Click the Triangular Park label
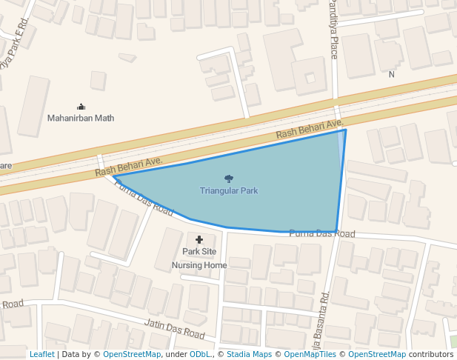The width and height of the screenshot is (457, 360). (x=228, y=191)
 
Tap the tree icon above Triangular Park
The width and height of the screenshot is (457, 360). (x=228, y=178)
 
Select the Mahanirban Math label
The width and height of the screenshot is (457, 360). (x=81, y=118)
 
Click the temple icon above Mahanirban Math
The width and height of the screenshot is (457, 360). (x=81, y=107)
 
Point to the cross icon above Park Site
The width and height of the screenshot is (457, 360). (x=199, y=239)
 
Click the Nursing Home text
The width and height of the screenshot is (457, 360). (x=199, y=265)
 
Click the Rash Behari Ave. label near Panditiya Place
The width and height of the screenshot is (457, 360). (x=310, y=130)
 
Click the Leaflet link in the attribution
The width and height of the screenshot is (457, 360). (x=42, y=355)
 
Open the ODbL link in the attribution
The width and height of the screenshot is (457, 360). (x=200, y=355)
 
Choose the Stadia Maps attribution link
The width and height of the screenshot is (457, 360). (x=249, y=355)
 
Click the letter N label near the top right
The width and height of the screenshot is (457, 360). (x=392, y=74)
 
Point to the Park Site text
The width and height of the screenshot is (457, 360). (x=199, y=252)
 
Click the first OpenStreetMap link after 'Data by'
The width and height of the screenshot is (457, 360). (x=132, y=355)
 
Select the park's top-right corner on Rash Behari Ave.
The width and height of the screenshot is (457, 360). (x=346, y=130)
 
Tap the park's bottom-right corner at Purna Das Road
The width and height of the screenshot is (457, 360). (x=336, y=233)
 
